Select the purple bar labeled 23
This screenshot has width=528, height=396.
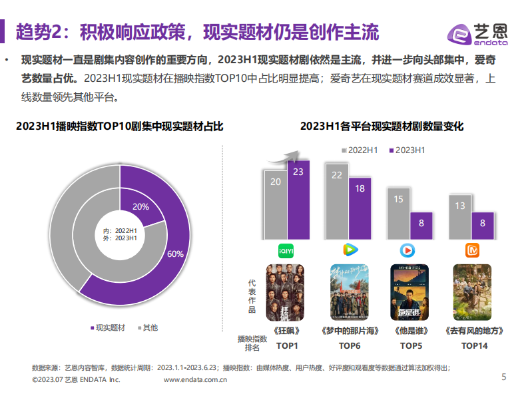point(298,200)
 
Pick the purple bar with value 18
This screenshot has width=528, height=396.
point(360,208)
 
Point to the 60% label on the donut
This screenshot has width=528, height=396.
point(175,254)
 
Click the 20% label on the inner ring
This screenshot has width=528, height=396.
point(140,206)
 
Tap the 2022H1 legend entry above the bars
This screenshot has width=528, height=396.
point(360,150)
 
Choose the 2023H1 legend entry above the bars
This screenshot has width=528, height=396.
point(407,150)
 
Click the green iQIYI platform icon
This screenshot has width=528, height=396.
point(286,250)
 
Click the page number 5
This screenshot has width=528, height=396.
point(503,377)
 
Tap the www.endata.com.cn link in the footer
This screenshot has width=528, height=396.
point(196,380)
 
